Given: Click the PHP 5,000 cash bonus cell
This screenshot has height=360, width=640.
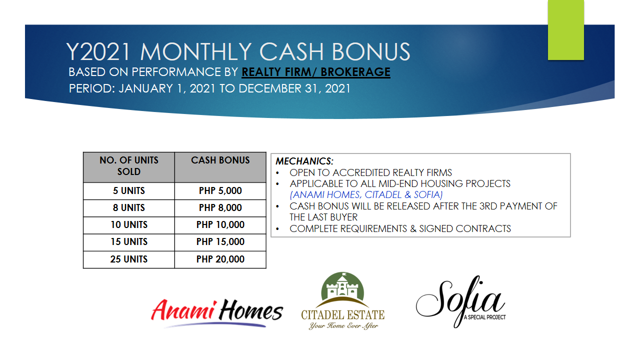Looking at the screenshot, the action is (220, 191).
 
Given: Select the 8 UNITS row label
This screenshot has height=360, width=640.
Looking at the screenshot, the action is (129, 208).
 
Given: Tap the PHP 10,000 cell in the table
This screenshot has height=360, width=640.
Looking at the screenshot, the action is (220, 225).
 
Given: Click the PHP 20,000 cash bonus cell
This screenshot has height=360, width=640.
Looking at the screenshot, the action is (220, 259).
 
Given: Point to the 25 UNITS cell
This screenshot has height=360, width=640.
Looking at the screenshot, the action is (129, 259).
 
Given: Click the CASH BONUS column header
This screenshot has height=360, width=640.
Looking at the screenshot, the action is (220, 167).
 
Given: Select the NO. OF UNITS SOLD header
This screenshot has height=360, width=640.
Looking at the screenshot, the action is (129, 167).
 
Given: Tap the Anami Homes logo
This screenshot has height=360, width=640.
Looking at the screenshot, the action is (217, 313).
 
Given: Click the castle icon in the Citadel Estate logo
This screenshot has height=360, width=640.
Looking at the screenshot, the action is (342, 287).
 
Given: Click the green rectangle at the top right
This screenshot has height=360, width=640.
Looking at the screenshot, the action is (565, 30).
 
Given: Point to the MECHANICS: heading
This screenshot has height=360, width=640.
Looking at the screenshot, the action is (304, 161).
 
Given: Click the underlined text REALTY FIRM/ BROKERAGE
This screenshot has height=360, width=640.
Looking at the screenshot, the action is (316, 72).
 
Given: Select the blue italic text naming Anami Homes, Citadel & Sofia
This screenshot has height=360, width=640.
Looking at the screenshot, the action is (366, 195).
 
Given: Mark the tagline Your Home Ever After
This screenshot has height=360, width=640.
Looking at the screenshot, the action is (343, 325).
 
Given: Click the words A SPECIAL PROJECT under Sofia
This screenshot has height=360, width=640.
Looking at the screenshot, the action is (484, 317).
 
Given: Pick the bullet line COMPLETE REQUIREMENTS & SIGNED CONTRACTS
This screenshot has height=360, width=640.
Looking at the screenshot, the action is (400, 229).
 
